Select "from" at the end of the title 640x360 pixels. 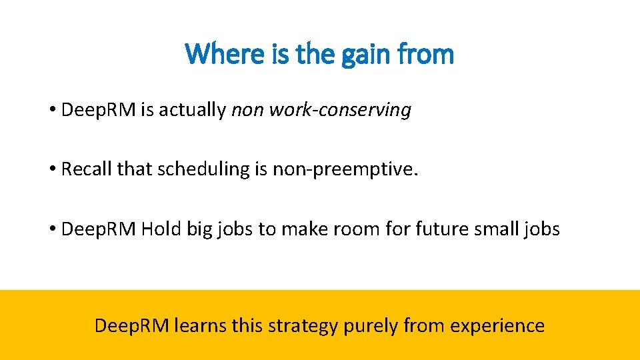click(x=427, y=53)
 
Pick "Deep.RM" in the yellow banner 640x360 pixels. click(x=132, y=326)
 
